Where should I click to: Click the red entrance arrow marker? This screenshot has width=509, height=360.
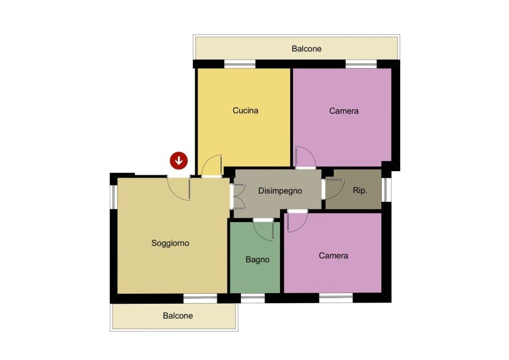coord(179,160)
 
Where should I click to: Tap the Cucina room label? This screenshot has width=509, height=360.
coord(246,110)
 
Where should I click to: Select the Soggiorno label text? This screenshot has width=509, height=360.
coord(170,243)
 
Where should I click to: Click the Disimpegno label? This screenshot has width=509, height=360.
coord(280,191)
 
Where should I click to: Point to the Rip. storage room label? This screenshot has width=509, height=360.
coord(360,190)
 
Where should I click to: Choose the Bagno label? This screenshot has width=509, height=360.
coord(257,260)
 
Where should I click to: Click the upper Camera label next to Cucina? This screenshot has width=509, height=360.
coord(344,111)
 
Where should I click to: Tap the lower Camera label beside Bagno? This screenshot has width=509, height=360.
coord(333,256)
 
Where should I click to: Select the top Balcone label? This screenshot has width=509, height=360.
coord(307,49)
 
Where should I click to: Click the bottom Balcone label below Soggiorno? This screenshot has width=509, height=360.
coord(178,316)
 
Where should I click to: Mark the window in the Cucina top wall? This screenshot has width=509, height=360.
coord(240,64)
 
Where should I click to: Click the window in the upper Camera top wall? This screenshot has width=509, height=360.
coord(361,64)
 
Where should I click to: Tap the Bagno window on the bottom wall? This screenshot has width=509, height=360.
coord(253,298)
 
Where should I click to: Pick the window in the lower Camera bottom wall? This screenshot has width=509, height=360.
coord(336,298)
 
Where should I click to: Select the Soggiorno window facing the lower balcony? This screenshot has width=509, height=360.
coord(200,298)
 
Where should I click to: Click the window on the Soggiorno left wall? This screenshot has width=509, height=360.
coord(114,197)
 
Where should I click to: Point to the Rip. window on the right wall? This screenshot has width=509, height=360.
coord(386,190)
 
